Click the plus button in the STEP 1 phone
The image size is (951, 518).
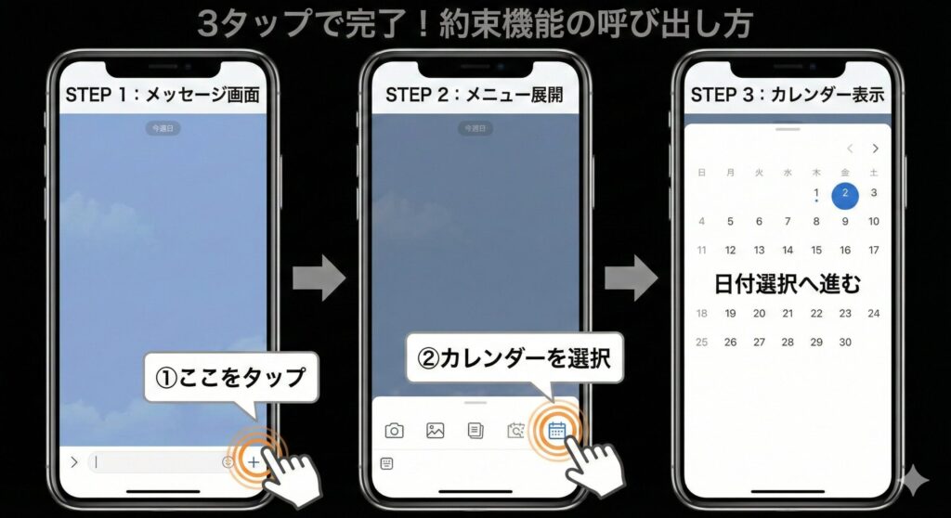(254, 461)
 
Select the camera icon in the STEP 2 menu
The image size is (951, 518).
(395, 431)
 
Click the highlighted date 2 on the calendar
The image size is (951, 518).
(845, 193)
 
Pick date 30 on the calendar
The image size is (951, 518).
(845, 342)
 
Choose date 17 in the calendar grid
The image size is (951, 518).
(874, 251)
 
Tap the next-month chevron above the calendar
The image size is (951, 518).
(875, 149)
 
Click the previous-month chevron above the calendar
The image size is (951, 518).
(850, 149)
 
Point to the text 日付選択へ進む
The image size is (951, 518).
(787, 283)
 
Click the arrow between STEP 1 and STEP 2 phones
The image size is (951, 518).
(319, 278)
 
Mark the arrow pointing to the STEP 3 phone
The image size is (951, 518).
(632, 278)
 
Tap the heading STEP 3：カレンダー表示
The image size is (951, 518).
(787, 96)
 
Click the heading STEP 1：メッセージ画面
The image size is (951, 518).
(162, 96)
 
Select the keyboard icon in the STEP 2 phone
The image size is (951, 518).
(386, 463)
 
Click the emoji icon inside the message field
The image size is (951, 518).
(228, 461)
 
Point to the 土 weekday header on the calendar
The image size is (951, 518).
(874, 172)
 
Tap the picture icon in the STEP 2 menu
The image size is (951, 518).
(435, 431)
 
